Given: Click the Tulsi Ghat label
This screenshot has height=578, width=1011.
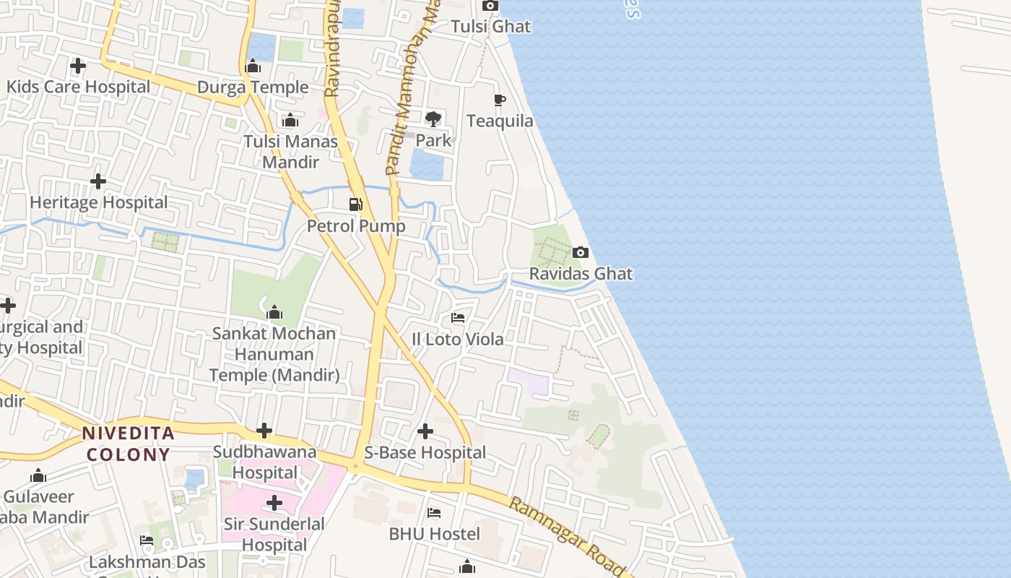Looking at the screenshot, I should (x=490, y=27).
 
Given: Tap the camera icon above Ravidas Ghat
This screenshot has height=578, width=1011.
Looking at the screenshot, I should (x=580, y=253).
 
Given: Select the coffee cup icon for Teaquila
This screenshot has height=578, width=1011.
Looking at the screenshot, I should (x=499, y=100).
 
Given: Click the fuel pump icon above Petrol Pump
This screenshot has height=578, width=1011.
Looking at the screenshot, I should (x=355, y=204).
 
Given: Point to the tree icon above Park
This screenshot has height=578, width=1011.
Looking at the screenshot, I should (x=433, y=118).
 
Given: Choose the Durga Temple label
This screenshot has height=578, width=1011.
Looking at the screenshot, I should (x=253, y=87).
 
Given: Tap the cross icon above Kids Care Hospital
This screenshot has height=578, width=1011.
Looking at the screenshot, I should (x=77, y=66).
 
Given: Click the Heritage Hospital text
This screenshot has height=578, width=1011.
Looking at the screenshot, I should (x=99, y=202).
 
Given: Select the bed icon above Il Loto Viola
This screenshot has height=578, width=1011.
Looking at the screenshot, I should (x=457, y=317).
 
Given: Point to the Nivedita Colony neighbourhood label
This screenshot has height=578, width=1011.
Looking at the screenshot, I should (x=128, y=444).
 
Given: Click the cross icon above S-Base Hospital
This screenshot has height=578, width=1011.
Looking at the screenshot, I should (x=425, y=431).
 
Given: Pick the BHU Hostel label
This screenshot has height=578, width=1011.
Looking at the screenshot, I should (x=434, y=534).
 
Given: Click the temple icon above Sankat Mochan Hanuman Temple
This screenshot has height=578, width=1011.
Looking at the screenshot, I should (x=274, y=313).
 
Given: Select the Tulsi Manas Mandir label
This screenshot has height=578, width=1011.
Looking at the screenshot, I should (x=290, y=151).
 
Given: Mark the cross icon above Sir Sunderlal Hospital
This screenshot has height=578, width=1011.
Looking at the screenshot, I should (x=274, y=503).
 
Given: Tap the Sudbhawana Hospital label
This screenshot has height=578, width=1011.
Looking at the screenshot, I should (x=265, y=462).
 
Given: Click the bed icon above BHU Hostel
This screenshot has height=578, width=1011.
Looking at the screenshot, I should (x=433, y=513).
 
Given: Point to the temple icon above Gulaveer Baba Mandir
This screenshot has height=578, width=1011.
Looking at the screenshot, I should (x=38, y=476).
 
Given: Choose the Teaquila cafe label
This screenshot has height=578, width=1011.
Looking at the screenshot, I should (x=500, y=121).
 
